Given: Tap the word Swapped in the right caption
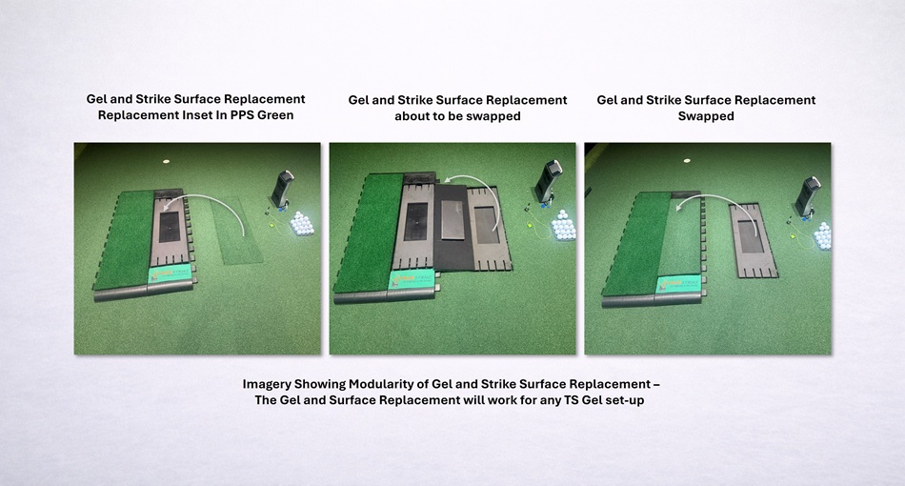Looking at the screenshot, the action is pos(706,116).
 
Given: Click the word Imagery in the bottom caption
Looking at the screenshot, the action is pos(266,384).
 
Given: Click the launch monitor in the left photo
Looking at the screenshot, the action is pos(283,188).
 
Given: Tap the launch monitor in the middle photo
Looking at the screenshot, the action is pos(547,181).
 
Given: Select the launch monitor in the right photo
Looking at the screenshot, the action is pos(807,196).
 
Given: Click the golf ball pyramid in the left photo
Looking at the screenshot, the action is pos(301,223).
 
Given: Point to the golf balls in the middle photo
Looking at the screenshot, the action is pos(563,225).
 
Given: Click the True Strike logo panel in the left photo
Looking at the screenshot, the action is pos(171,274).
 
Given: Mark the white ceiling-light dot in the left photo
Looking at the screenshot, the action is pos(166,162).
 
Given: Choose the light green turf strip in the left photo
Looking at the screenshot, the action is pos(236,231).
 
